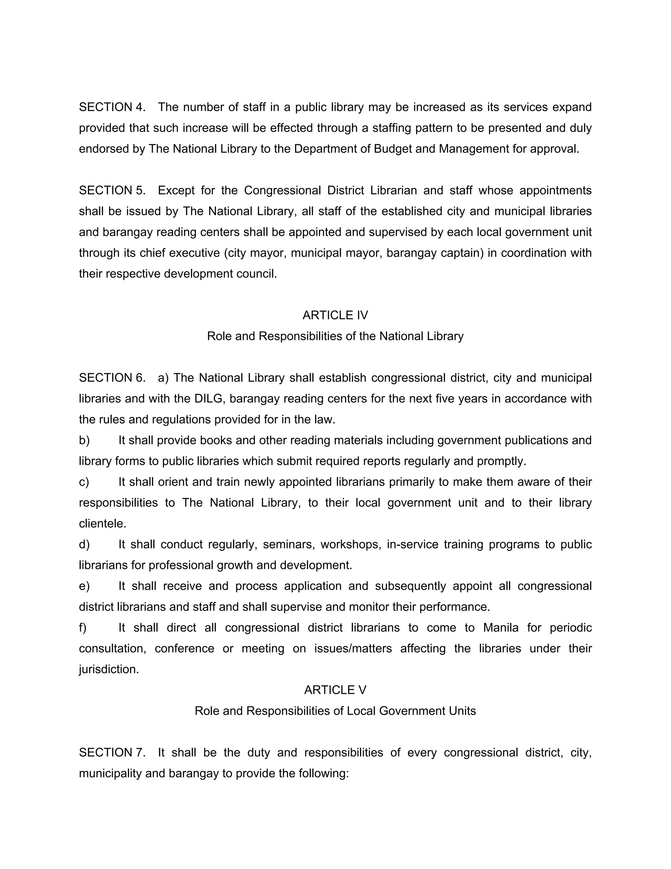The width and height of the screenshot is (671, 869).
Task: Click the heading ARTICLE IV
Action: pyautogui.click(x=335, y=315)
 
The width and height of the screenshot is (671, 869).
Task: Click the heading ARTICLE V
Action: pyautogui.click(x=335, y=690)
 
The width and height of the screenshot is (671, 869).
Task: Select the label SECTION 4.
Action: pyautogui.click(x=112, y=107)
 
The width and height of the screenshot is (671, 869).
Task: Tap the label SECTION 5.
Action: pyautogui.click(x=112, y=190)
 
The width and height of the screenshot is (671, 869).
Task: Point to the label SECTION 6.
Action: pyautogui.click(x=112, y=377)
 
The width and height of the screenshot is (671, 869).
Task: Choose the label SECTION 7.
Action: pyautogui.click(x=112, y=752)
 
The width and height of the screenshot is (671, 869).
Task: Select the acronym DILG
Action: pyautogui.click(x=209, y=399)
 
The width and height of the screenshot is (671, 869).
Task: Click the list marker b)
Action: pyautogui.click(x=84, y=440)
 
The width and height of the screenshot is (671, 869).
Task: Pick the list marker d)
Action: pyautogui.click(x=84, y=544)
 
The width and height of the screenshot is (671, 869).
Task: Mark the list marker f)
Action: pyautogui.click(x=83, y=627)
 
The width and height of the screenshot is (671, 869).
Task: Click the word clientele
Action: pyautogui.click(x=103, y=524)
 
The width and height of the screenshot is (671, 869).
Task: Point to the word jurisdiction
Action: pyautogui.click(x=109, y=669)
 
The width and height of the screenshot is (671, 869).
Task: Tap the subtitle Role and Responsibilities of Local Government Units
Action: pyautogui.click(x=335, y=711)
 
